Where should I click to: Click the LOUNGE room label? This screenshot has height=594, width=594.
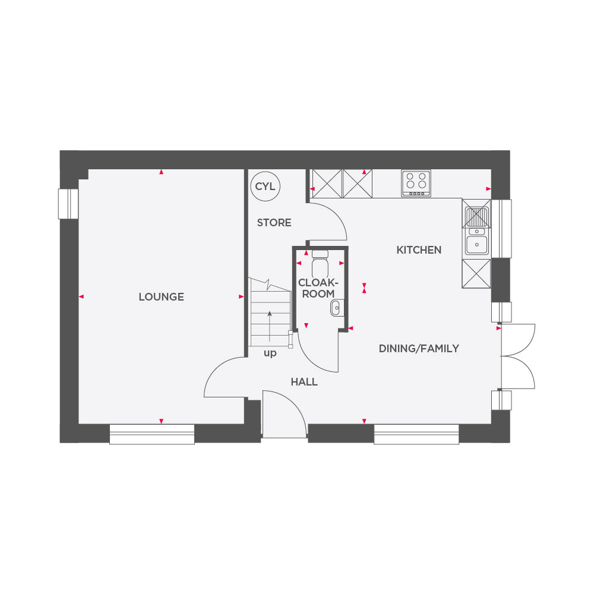161,297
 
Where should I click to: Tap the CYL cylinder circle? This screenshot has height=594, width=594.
265,187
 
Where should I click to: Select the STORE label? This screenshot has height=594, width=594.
274,223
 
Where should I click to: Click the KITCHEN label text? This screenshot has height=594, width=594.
419,250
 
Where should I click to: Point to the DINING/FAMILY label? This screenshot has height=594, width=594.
419,349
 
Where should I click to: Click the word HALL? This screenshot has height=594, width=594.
304,382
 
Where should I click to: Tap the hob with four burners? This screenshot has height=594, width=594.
416,183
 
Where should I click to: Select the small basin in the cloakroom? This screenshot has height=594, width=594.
336,307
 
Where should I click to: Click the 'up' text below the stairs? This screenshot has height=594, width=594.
270,353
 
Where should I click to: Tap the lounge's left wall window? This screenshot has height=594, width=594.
68,204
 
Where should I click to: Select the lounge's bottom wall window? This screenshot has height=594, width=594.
152,434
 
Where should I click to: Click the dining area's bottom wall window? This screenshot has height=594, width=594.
416,434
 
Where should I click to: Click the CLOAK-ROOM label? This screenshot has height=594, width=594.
317,288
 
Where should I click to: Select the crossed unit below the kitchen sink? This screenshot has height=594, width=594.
476,274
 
